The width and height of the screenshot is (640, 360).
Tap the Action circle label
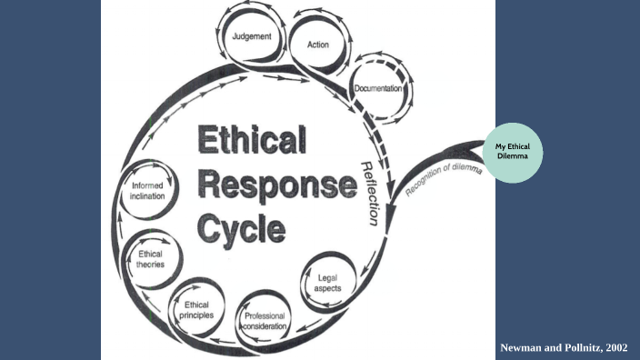pyautogui.click(x=318, y=44)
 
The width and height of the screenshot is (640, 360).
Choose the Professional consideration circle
pyautogui.click(x=265, y=320)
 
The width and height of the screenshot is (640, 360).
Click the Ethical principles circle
pyautogui.click(x=197, y=308)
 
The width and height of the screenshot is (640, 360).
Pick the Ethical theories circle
pyautogui.click(x=151, y=259)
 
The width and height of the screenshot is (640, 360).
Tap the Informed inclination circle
pyautogui.click(x=146, y=191)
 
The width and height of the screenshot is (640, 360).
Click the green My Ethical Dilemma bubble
pyautogui.click(x=518, y=152)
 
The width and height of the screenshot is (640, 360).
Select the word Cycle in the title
pyautogui.click(x=241, y=228)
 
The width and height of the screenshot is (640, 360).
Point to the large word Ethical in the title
pyautogui.click(x=252, y=142)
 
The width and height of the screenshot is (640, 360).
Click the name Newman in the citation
pyautogui.click(x=525, y=348)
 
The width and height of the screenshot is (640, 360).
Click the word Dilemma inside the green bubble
pyautogui.click(x=518, y=157)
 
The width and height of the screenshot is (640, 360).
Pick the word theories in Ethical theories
pyautogui.click(x=151, y=265)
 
